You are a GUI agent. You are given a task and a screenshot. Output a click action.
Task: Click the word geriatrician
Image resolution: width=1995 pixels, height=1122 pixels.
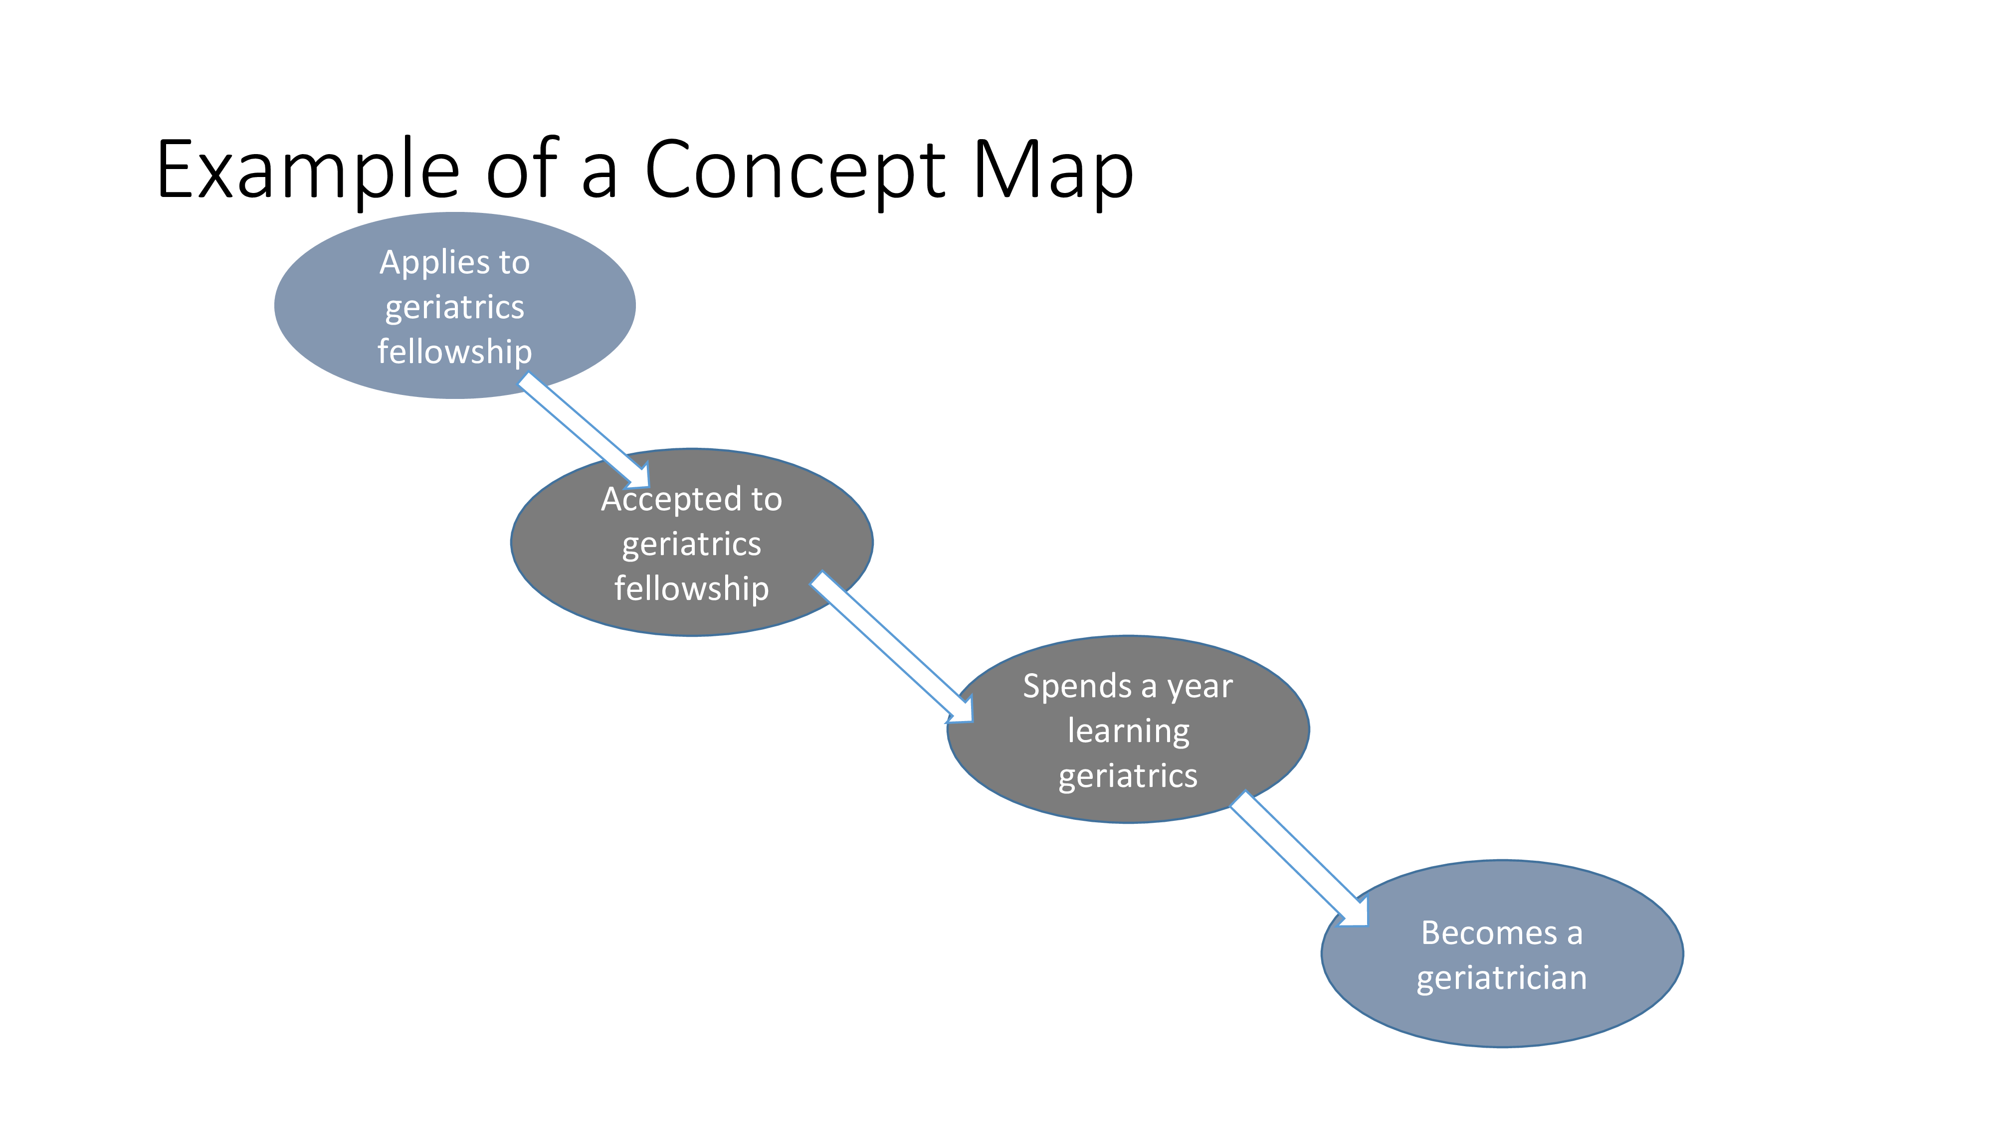coord(1502,979)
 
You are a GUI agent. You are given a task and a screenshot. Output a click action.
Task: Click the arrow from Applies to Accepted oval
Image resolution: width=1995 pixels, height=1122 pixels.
coord(584,430)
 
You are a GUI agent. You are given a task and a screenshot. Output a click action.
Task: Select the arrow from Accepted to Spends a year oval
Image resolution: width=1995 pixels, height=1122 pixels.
coord(891,647)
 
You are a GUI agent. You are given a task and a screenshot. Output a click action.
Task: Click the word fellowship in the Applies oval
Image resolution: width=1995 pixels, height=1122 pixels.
coord(454,353)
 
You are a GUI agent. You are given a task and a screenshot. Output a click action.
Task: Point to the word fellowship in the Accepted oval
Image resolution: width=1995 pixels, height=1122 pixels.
coord(692,589)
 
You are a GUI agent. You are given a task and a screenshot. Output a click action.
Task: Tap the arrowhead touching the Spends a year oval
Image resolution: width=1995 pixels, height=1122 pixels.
coord(960,709)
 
